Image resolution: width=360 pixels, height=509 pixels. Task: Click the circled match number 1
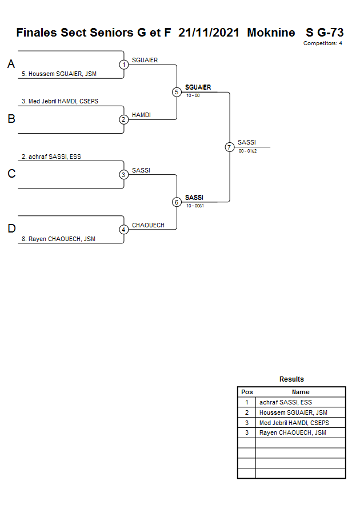(124, 65)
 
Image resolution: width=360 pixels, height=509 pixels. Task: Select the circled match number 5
(177, 92)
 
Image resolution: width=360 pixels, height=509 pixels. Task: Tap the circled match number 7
(230, 147)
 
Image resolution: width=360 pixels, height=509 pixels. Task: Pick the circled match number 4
(124, 230)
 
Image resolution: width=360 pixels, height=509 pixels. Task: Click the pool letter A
(11, 65)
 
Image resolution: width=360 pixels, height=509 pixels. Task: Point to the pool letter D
(11, 229)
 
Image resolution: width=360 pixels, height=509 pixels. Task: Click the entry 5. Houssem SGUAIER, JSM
(59, 74)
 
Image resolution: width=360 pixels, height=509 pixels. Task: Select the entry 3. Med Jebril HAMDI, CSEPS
(60, 101)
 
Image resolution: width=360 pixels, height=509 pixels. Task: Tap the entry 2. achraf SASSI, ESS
(51, 157)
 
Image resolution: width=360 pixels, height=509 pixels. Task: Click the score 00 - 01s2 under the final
(248, 151)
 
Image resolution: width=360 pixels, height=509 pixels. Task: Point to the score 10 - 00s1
(195, 206)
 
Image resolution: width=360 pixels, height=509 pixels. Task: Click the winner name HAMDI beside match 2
(141, 115)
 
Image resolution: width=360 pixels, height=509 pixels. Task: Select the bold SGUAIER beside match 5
(198, 87)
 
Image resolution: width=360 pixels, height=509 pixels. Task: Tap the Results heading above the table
(291, 379)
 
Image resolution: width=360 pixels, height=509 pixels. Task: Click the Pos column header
(247, 392)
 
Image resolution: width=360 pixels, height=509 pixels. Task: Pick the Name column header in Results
(301, 392)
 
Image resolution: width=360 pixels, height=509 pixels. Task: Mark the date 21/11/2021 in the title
(209, 33)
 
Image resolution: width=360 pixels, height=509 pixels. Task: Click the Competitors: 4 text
(323, 43)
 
